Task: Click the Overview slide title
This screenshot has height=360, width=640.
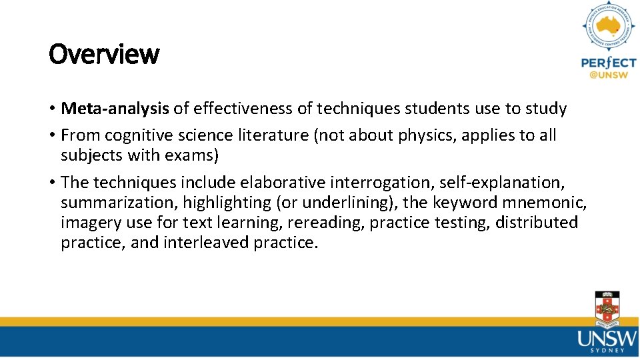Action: (104, 54)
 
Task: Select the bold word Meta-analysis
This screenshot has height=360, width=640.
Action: (115, 108)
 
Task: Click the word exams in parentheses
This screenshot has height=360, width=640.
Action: (193, 155)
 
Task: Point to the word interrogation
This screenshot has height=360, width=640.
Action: (387, 182)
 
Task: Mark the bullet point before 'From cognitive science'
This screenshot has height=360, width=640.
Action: (51, 135)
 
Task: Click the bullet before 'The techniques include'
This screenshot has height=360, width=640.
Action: (51, 182)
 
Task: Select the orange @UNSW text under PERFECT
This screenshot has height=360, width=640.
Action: (609, 75)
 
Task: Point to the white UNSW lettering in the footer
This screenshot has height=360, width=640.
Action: (607, 339)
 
